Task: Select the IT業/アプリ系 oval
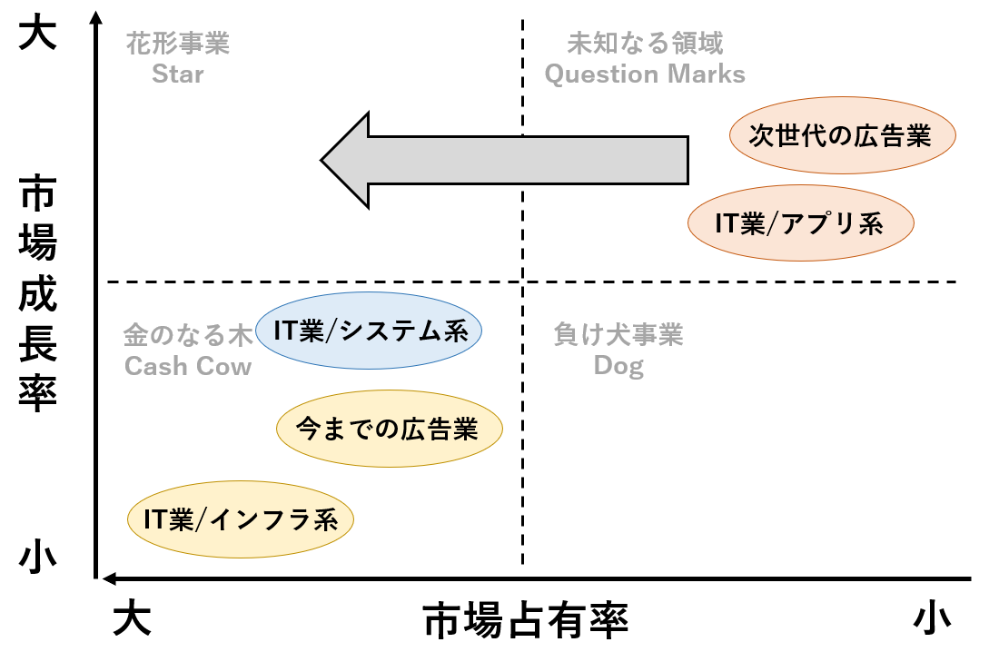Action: pos(800,222)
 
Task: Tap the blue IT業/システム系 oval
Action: pos(369,331)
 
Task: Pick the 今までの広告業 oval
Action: pos(388,429)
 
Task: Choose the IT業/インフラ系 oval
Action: pos(240,519)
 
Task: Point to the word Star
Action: pos(178,74)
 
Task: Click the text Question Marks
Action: pos(645,74)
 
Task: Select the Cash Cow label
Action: pos(188,366)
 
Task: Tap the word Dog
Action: pos(618,366)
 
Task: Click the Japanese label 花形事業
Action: pos(178,44)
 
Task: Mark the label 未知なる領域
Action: pos(645,44)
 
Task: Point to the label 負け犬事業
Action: pos(618,336)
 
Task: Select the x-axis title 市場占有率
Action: pos(526,622)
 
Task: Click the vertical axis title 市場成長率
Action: pos(38,295)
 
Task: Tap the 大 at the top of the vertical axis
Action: pos(38,34)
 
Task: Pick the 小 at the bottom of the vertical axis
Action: pos(38,557)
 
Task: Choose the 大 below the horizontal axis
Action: pos(132,621)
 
